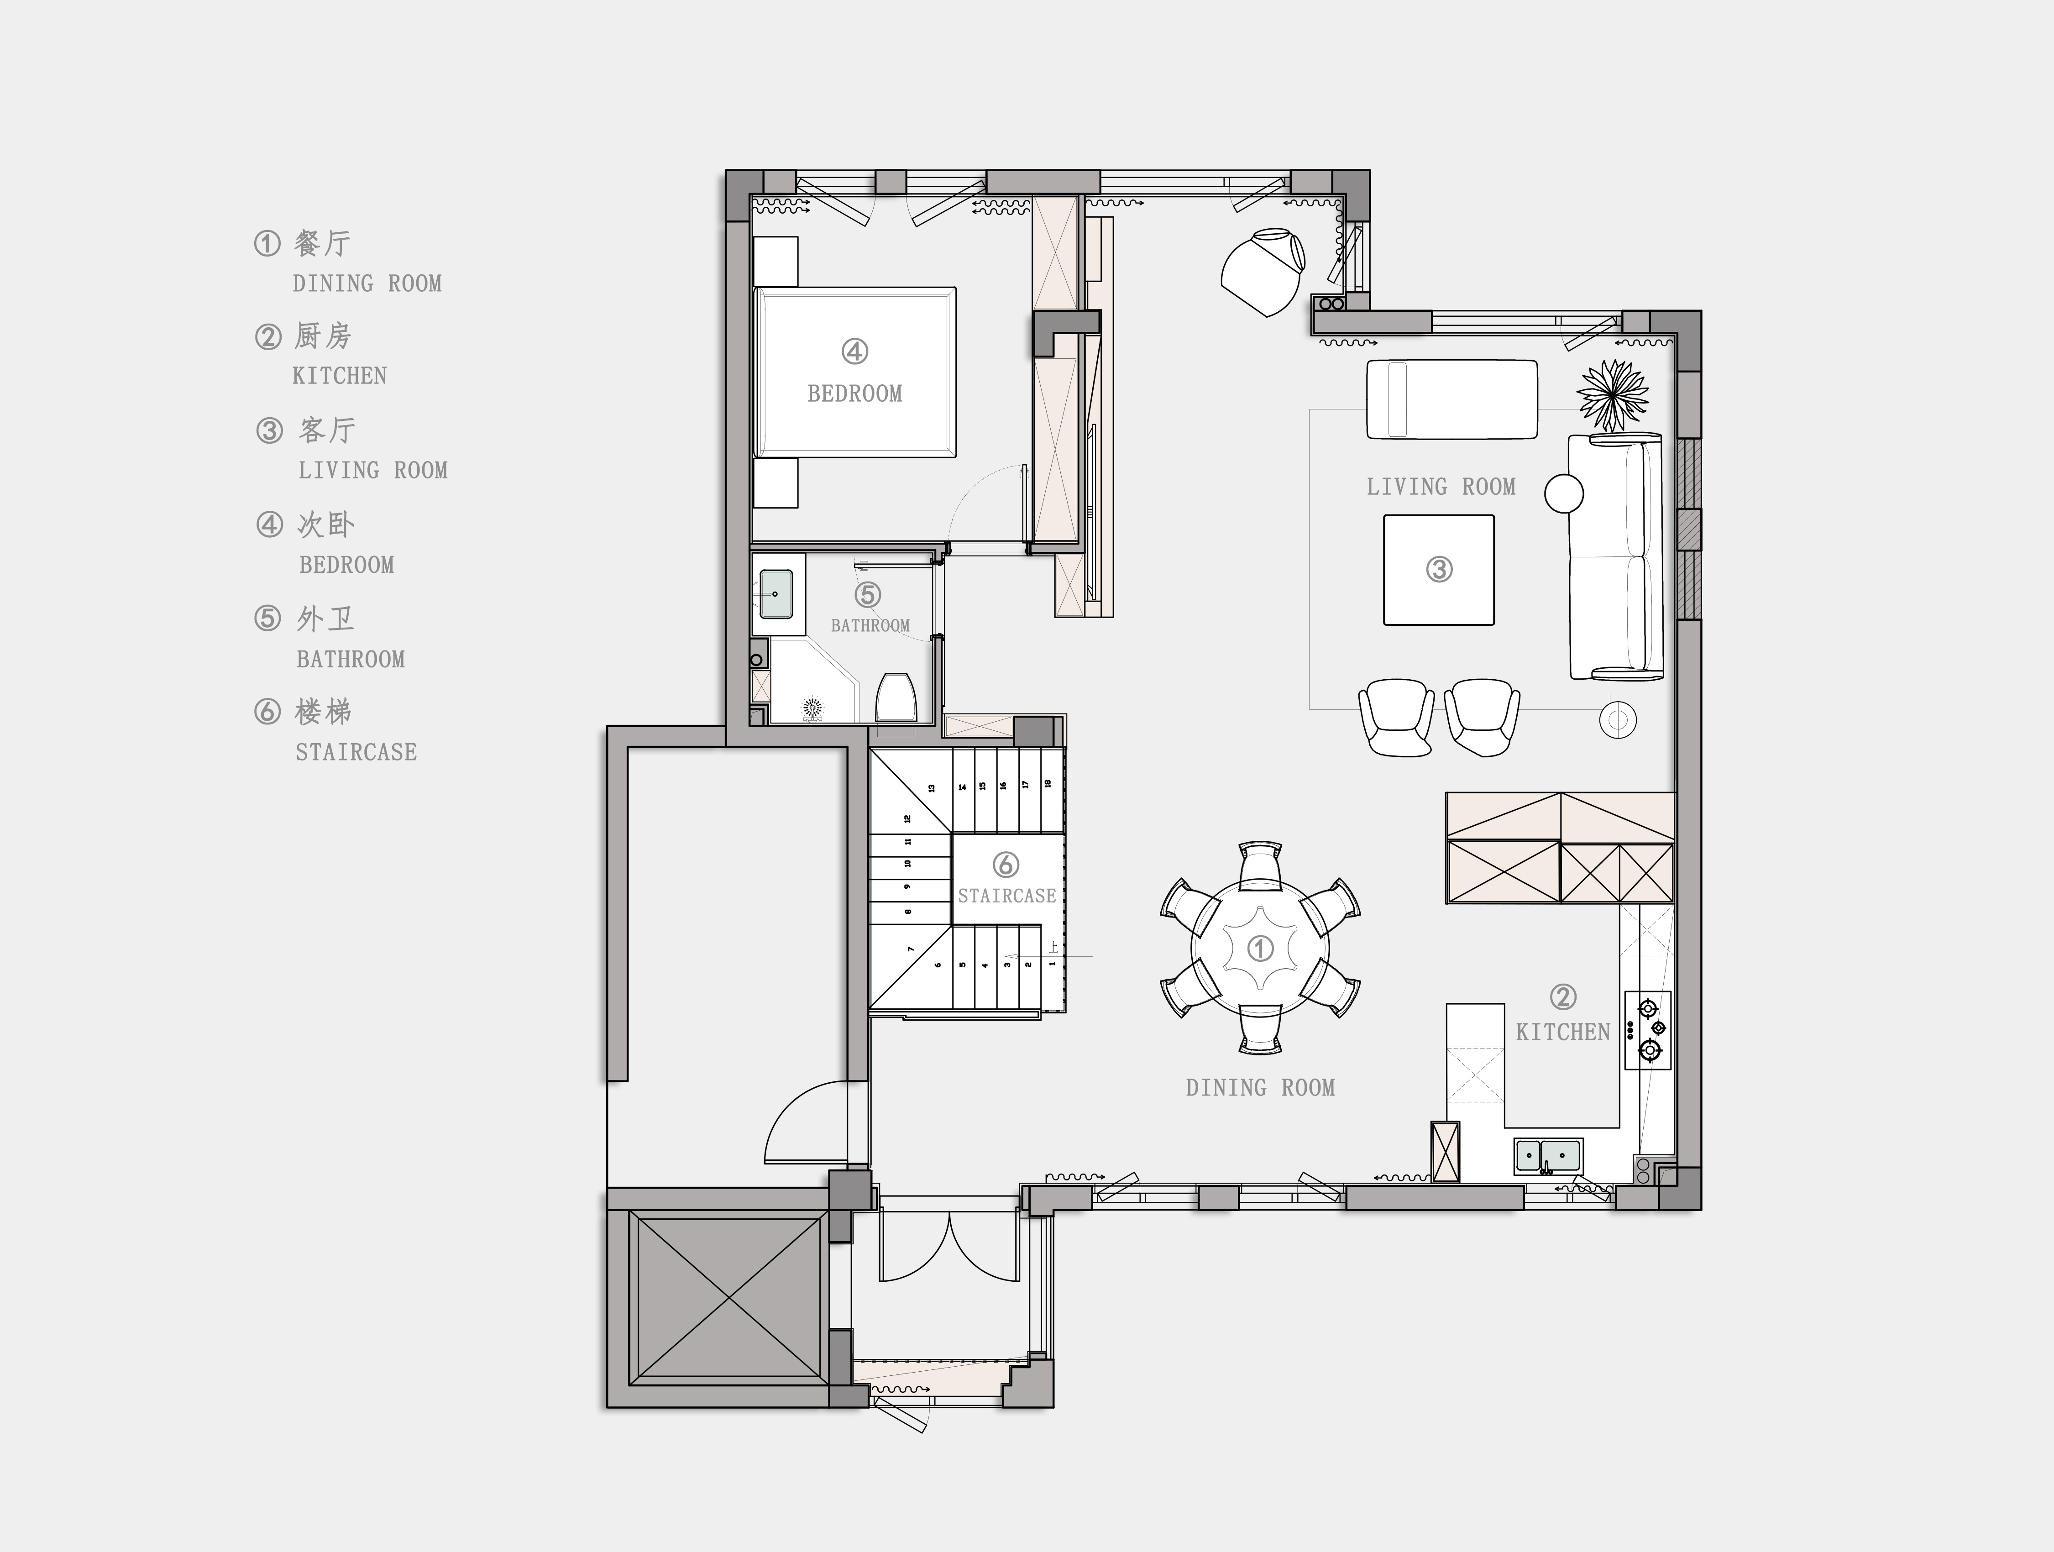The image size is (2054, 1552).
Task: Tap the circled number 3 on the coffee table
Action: tap(1439, 569)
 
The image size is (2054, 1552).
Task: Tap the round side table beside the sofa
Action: tap(1564, 493)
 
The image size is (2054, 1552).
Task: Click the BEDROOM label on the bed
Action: tap(854, 394)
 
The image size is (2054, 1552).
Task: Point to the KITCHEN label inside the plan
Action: tap(1563, 1032)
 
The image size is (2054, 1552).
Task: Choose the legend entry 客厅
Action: tap(327, 430)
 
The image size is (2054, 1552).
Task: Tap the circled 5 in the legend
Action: tap(267, 618)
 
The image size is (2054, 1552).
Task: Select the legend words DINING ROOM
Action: tap(367, 283)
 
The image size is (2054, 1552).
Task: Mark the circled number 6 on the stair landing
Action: tap(1006, 865)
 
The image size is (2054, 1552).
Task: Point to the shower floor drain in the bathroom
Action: tap(813, 710)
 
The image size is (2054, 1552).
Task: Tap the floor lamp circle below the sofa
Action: tap(1618, 719)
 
